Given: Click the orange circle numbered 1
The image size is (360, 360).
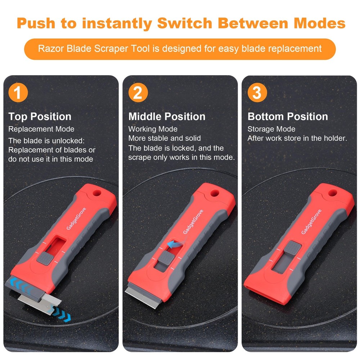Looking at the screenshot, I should [x=18, y=93].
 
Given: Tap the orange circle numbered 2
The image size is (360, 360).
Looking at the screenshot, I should [x=138, y=93].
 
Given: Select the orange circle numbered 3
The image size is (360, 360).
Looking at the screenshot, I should [x=257, y=93].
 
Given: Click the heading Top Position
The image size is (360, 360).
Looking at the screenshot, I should [x=40, y=117].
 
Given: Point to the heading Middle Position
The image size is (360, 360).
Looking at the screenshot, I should [x=167, y=117].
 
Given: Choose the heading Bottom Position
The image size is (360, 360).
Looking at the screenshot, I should [x=288, y=117].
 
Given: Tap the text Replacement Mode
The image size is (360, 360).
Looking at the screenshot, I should [x=41, y=129].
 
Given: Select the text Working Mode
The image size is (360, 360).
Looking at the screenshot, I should [x=153, y=129].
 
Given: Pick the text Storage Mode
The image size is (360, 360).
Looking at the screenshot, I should [x=271, y=129].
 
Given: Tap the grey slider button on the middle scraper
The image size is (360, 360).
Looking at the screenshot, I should [x=165, y=258].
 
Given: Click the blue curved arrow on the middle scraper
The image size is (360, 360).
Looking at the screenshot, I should [x=175, y=245].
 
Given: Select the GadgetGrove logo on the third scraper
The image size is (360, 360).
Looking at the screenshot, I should [x=311, y=222].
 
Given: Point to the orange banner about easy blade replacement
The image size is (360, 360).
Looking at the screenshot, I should [x=180, y=48].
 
